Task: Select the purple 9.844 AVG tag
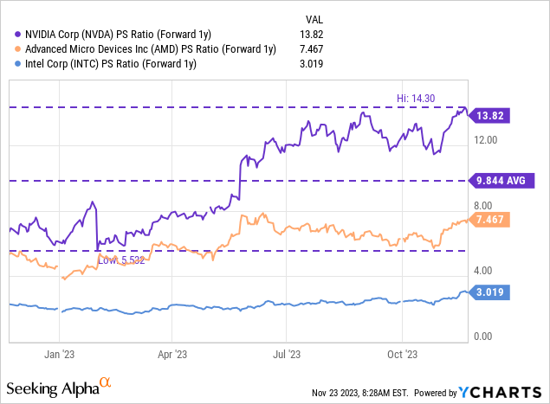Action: click(x=501, y=181)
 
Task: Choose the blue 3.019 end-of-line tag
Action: click(x=491, y=293)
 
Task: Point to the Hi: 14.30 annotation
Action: click(x=434, y=99)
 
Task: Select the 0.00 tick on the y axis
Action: click(x=487, y=336)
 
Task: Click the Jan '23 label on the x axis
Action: click(x=60, y=354)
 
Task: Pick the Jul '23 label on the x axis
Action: click(x=287, y=354)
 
